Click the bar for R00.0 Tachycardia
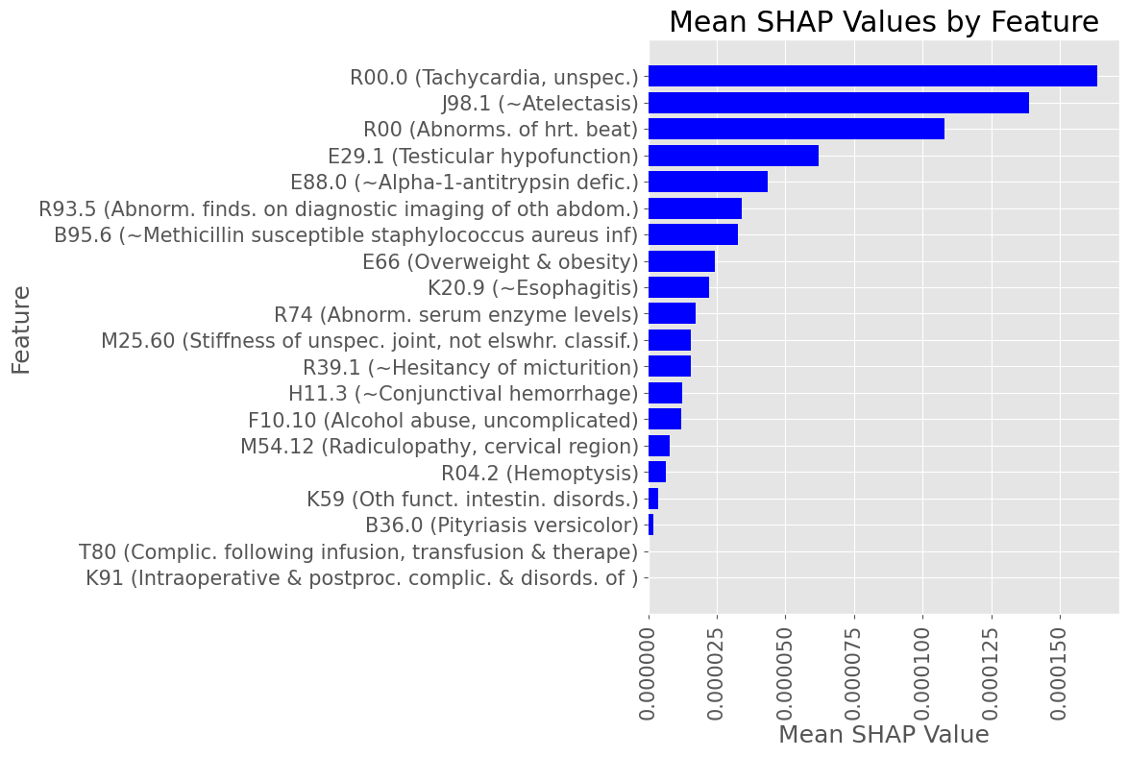pos(872,76)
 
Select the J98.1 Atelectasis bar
pos(839,103)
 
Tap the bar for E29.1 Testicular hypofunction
pos(733,156)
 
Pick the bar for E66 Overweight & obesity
pos(681,261)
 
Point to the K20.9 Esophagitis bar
pos(678,287)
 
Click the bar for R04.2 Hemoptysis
pos(657,472)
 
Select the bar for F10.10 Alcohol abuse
pos(665,419)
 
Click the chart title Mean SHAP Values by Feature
pos(883,22)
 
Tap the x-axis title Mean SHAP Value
pos(883,735)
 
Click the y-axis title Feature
pos(21,330)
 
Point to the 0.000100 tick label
pos(923,672)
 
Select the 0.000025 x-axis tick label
pos(717,672)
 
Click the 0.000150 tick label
pos(1061,672)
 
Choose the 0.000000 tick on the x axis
pos(650,672)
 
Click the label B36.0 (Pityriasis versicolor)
pos(502,525)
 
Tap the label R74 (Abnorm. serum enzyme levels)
pos(456,314)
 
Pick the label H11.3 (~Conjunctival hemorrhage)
pos(463,393)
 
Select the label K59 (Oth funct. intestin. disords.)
pos(473,499)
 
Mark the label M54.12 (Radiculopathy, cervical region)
pos(439,446)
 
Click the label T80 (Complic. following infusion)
pos(358,551)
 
